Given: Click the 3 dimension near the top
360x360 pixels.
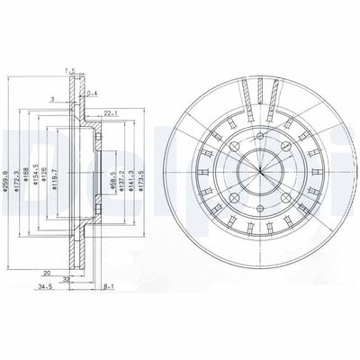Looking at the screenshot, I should click(x=53, y=97).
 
